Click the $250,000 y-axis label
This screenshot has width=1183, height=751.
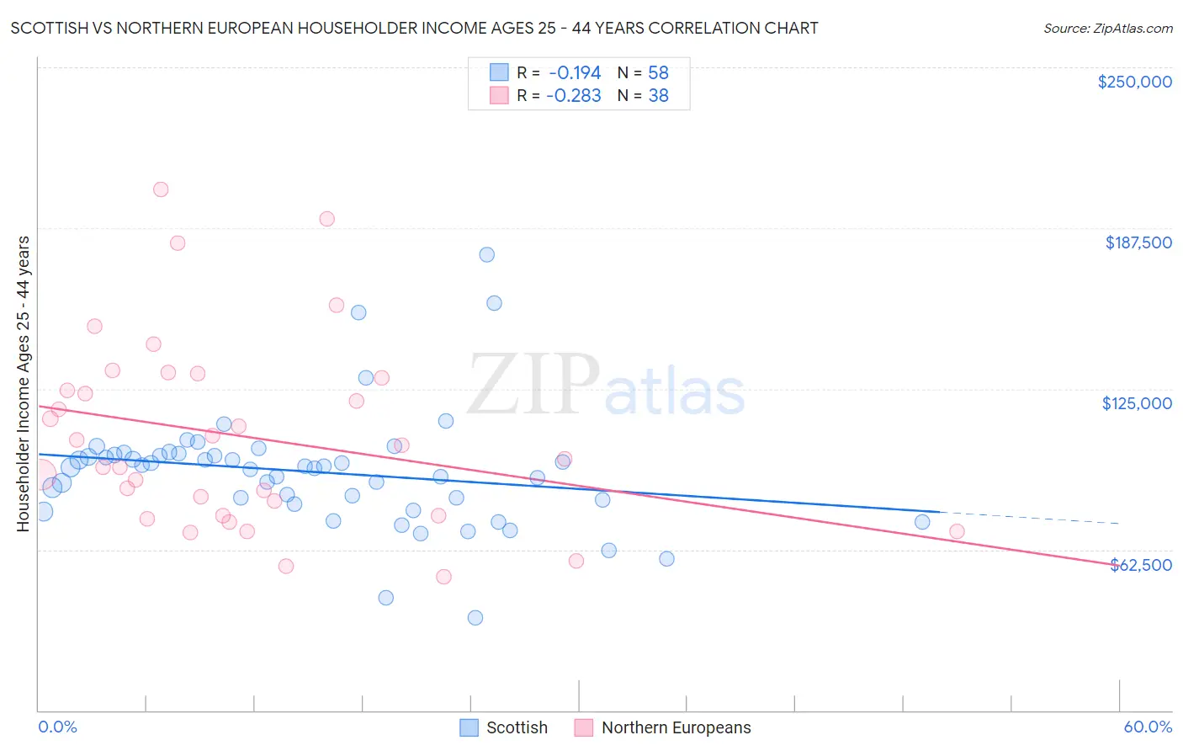point(1134,82)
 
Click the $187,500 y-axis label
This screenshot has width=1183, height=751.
point(1138,242)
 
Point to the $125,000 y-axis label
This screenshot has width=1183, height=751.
point(1136,403)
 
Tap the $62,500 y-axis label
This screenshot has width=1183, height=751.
point(1140,565)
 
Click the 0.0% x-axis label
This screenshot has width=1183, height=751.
point(57,727)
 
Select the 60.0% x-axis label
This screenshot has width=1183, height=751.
point(1147,727)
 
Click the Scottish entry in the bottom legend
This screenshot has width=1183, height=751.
point(516,727)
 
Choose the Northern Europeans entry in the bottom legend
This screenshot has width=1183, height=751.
point(676,727)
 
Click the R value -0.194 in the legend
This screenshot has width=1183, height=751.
point(575,72)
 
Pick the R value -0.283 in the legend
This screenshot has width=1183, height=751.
point(574,96)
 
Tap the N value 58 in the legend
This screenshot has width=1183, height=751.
point(658,72)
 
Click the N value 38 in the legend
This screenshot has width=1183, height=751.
point(658,96)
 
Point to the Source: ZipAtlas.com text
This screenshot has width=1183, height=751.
point(1107,29)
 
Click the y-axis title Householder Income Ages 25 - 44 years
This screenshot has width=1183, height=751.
point(23,384)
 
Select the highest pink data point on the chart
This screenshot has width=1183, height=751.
point(161,189)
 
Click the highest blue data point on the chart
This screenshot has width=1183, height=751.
point(486,254)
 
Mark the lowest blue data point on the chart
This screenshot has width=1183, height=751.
point(475,618)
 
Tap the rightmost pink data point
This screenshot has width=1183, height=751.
point(957,531)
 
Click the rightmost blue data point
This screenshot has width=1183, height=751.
point(922,522)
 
